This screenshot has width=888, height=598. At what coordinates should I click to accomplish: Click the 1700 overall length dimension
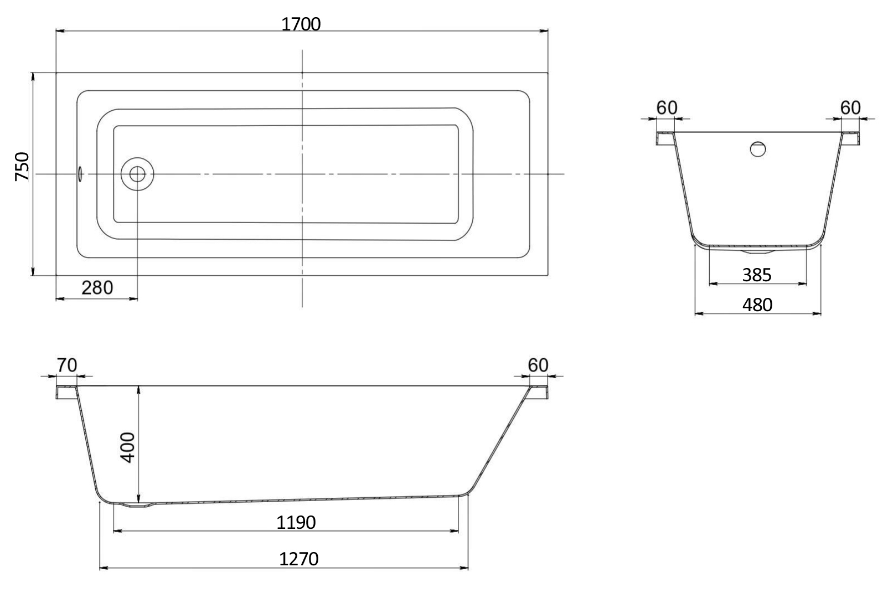(x=301, y=24)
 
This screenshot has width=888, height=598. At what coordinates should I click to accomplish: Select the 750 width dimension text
(x=22, y=167)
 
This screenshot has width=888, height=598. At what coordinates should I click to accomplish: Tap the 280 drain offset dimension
(x=97, y=288)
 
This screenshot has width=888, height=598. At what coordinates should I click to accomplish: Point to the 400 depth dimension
(x=128, y=447)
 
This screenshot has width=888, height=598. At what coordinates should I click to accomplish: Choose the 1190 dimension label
(x=296, y=523)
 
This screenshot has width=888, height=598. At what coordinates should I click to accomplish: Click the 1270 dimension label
(x=298, y=559)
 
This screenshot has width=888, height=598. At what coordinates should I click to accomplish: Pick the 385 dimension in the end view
(x=757, y=275)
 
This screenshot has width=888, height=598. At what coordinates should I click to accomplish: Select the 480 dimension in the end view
(x=757, y=305)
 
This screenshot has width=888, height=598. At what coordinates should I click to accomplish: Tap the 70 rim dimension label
(x=66, y=365)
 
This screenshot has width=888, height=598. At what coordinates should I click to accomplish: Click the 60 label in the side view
(x=538, y=365)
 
